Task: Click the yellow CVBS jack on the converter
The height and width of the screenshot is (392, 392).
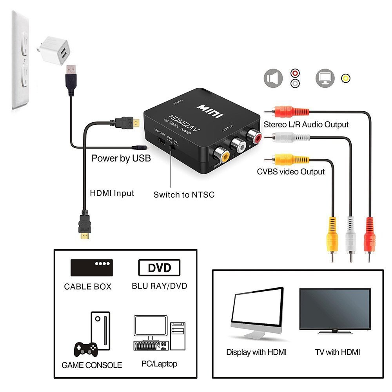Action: (224, 156)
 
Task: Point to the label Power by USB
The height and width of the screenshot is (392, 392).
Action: (121, 159)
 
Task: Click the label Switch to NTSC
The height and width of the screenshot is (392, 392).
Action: (184, 194)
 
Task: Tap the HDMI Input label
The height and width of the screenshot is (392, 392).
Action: (112, 193)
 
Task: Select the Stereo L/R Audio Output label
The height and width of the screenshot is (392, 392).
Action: (306, 125)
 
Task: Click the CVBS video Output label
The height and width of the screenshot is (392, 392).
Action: (290, 172)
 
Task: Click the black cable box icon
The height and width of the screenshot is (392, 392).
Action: (91, 267)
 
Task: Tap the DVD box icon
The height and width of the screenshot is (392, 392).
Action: (159, 268)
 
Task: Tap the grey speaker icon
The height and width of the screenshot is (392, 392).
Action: (273, 78)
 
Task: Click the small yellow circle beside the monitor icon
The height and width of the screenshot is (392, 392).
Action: (345, 78)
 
